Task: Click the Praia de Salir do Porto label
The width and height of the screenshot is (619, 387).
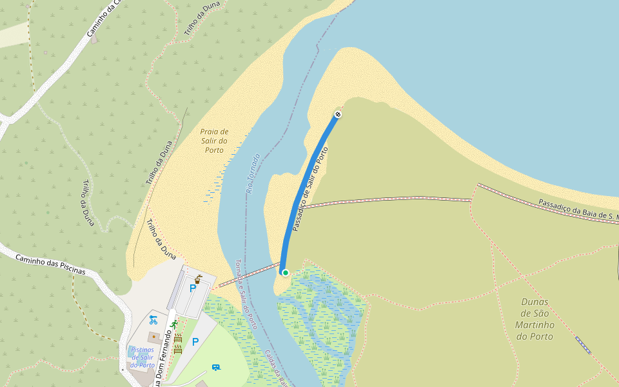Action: (214, 141)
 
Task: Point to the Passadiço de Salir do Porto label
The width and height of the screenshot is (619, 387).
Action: (309, 189)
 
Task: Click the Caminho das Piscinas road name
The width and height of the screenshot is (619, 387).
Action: (50, 263)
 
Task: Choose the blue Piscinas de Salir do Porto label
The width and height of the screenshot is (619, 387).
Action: (142, 357)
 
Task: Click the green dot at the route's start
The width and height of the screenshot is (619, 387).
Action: (285, 273)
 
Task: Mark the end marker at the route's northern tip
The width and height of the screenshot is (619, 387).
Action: (338, 114)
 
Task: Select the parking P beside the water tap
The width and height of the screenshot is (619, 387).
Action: (192, 288)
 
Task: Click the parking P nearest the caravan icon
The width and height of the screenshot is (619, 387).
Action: (195, 342)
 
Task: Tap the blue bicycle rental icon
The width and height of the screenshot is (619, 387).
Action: (153, 319)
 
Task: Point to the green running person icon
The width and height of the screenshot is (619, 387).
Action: (173, 324)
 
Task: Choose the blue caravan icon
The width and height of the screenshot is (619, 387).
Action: (216, 367)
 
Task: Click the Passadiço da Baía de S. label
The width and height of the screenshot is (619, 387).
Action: (577, 210)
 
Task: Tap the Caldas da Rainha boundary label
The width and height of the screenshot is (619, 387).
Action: (275, 368)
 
